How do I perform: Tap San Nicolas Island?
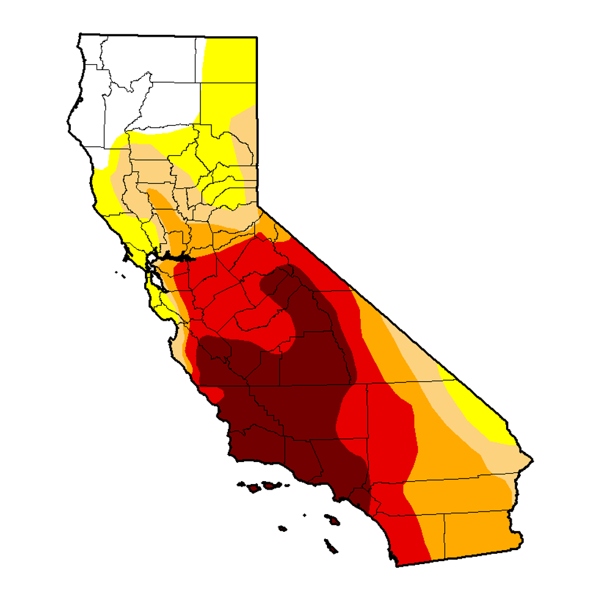[282, 527]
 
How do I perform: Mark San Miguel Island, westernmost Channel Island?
[240, 485]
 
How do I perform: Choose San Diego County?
[410, 532]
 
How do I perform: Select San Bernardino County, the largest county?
[428, 428]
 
